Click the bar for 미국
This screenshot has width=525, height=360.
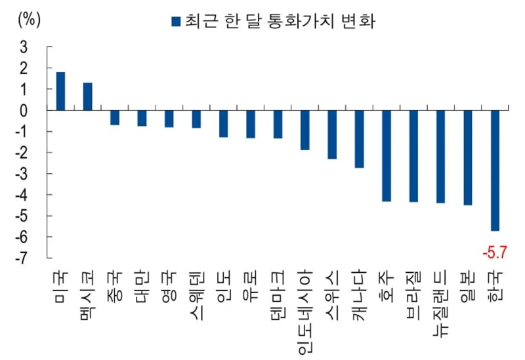click(60, 91)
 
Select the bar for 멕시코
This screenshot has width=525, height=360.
click(87, 96)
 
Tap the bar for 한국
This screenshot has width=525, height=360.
click(495, 170)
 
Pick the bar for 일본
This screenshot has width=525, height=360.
click(467, 158)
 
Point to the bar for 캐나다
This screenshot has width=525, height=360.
click(359, 139)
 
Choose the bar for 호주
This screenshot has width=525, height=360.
click(387, 156)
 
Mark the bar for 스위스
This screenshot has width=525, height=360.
click(332, 134)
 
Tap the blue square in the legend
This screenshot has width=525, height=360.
click(175, 22)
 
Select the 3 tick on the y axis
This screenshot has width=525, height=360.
click(24, 47)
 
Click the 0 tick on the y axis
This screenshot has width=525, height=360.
click(24, 110)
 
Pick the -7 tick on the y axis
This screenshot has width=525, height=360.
click(22, 258)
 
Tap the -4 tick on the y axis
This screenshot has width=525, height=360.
click(22, 195)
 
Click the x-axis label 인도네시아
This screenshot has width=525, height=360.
click(304, 309)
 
